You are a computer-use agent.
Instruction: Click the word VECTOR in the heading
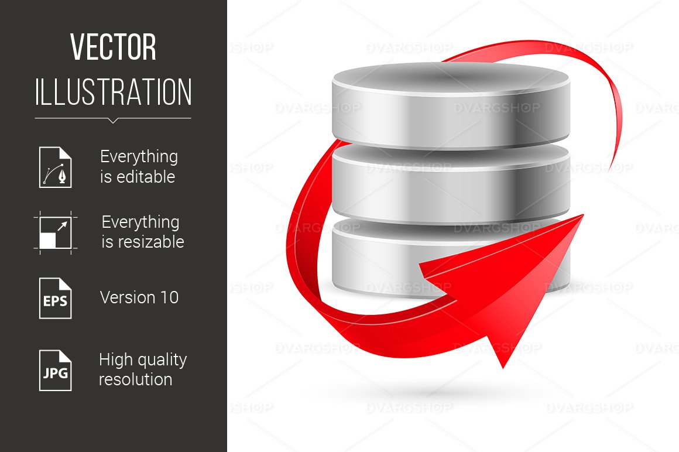[113, 47]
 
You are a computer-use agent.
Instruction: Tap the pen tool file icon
[56, 167]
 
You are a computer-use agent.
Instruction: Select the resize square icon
[55, 232]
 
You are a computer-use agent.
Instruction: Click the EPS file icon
[56, 298]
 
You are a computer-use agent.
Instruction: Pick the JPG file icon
[56, 370]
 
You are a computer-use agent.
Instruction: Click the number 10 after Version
[169, 297]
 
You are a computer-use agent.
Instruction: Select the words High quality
[143, 359]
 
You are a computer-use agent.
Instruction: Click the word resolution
[135, 379]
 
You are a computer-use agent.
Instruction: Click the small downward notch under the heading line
[113, 121]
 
